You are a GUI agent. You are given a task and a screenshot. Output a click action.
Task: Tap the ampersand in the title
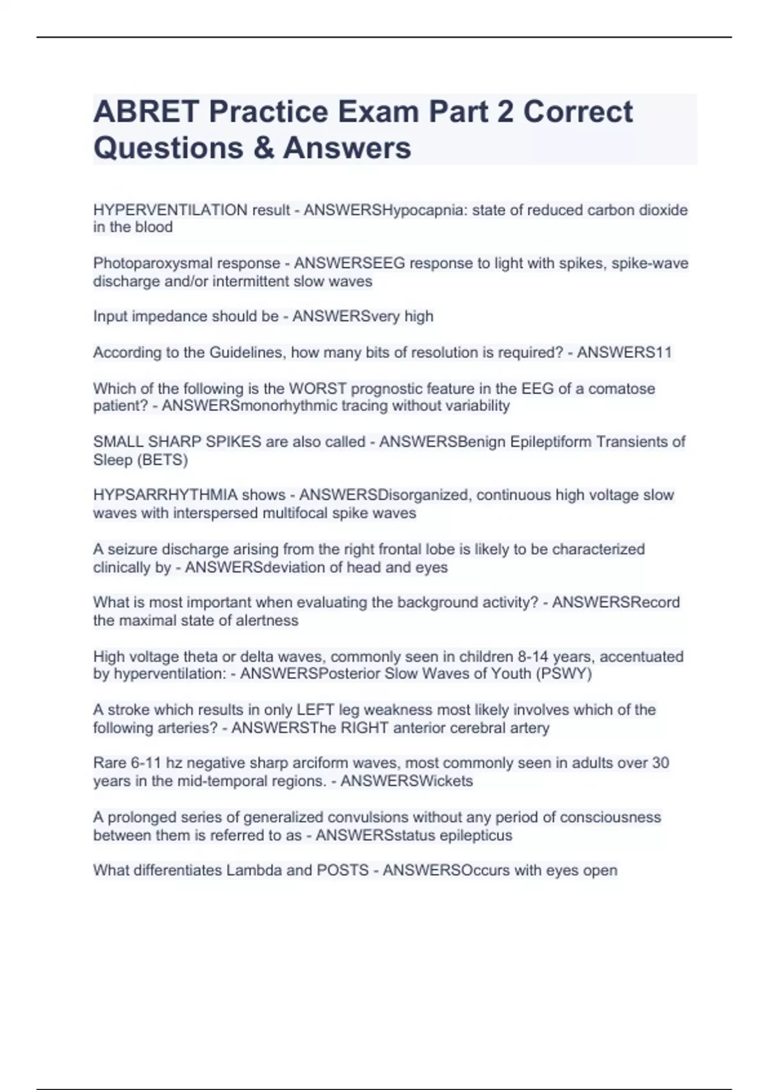[263, 147]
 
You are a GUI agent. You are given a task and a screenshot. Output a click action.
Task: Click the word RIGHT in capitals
[365, 728]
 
